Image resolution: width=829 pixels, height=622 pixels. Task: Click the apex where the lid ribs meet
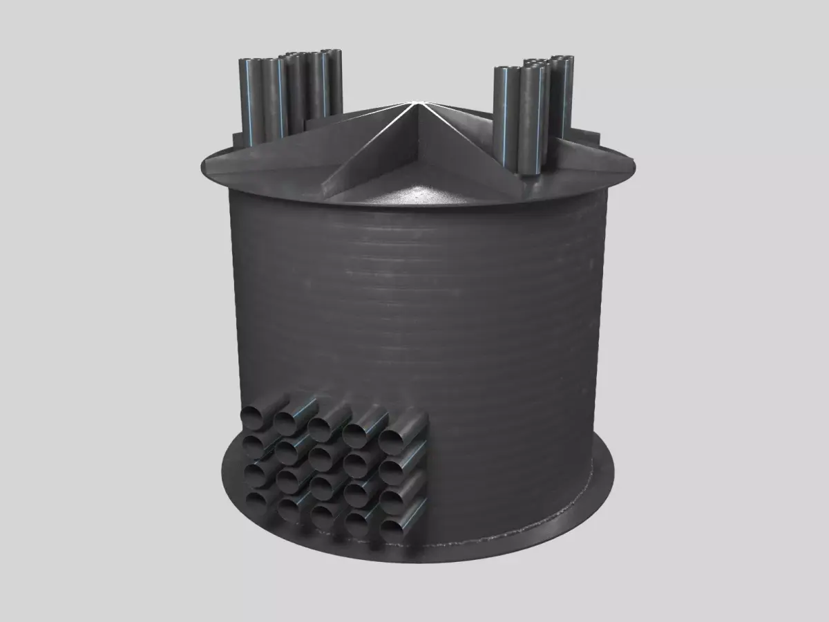click(412, 104)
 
